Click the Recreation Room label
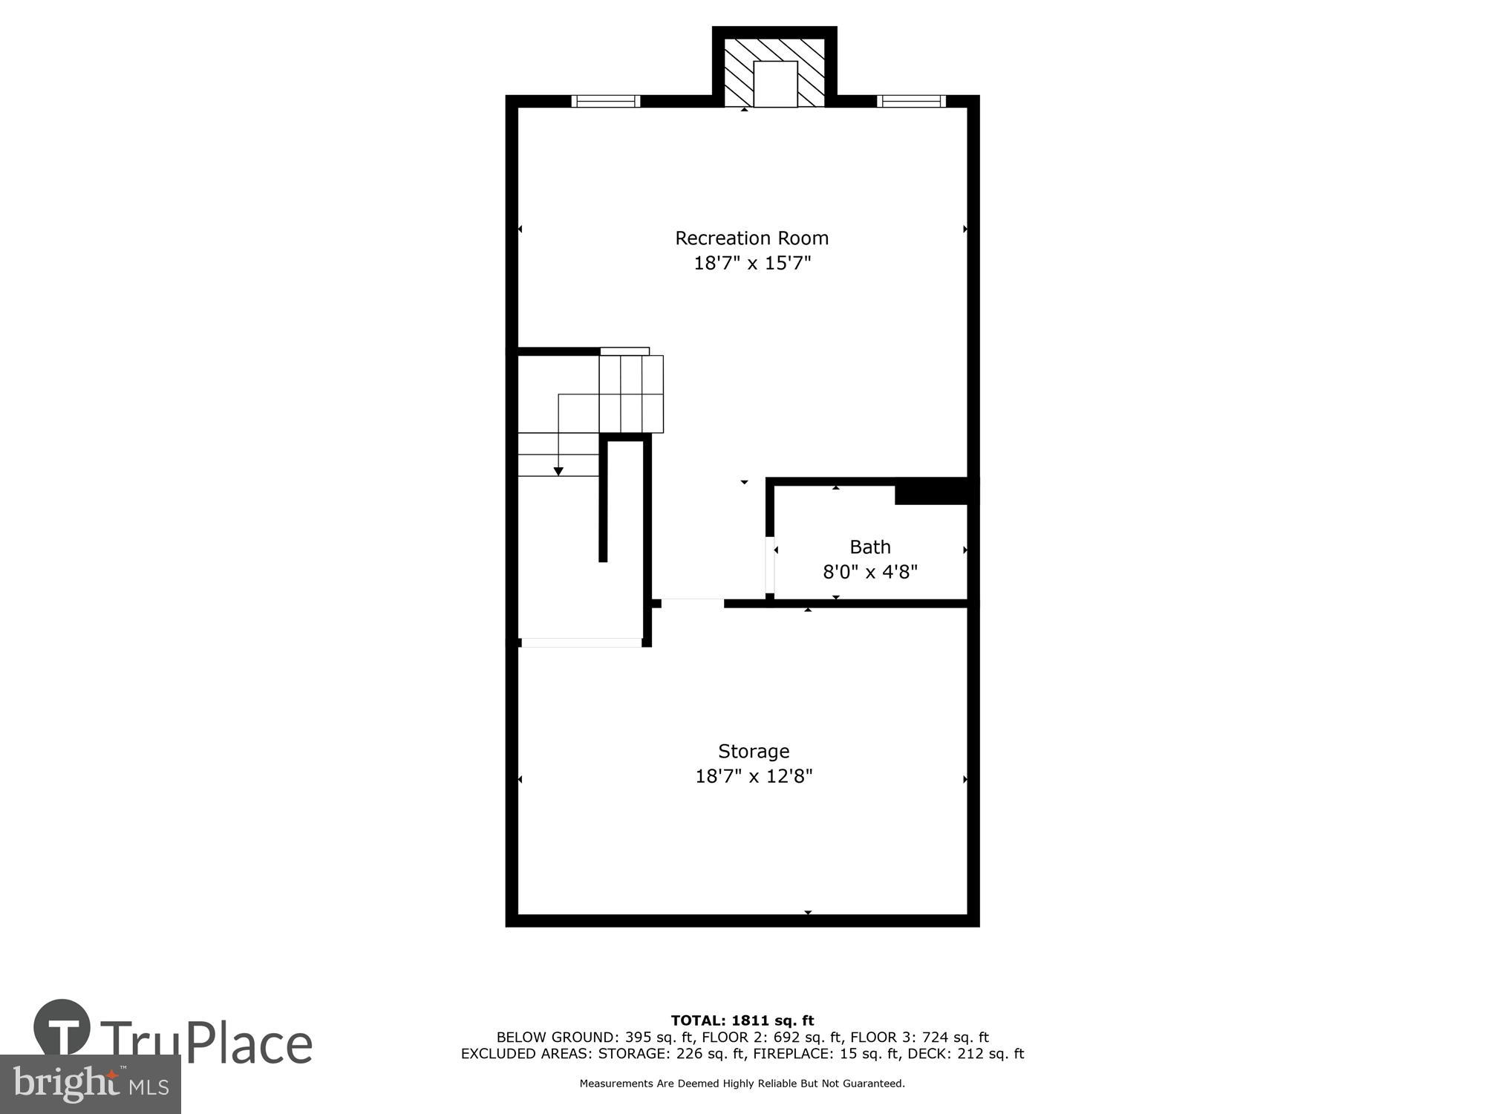[751, 238]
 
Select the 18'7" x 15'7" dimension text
[752, 263]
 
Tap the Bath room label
[869, 547]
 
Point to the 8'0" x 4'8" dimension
[870, 572]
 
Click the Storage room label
[753, 751]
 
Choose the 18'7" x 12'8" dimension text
[754, 776]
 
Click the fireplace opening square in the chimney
[775, 84]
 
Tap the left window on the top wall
[605, 101]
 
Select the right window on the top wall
[911, 101]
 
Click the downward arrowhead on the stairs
[558, 471]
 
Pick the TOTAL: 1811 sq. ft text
[742, 1020]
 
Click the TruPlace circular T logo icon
[62, 1028]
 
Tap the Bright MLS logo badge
[90, 1084]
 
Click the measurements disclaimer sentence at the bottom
[742, 1084]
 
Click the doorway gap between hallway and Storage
[692, 603]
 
